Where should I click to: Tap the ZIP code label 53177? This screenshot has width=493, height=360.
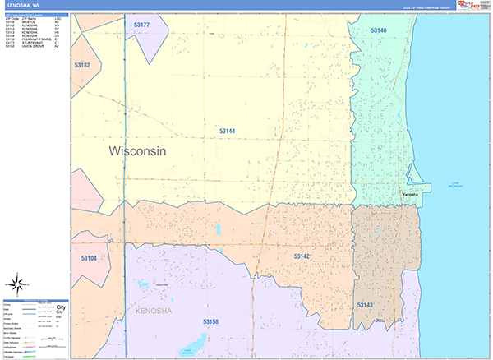[x=141, y=25]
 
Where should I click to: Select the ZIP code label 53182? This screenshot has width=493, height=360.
[x=81, y=65]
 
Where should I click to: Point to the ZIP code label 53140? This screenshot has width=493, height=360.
[x=378, y=30]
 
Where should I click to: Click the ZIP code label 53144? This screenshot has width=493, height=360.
[x=227, y=131]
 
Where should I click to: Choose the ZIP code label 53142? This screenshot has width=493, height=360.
[x=302, y=256]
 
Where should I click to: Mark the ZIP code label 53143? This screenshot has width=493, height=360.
[x=365, y=304]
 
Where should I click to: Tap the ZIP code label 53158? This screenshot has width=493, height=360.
[x=211, y=321]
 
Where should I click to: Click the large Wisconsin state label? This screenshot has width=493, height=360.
[x=137, y=151]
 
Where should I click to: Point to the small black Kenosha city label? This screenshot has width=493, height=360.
[x=409, y=194]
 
